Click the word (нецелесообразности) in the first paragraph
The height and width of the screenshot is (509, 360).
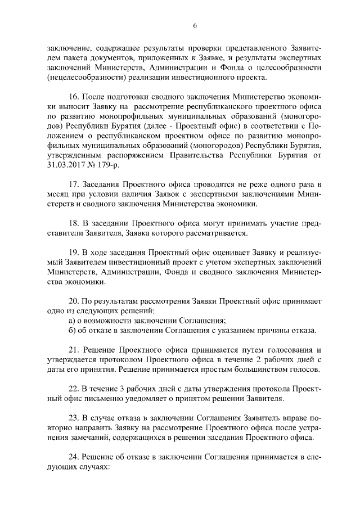click(84, 78)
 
